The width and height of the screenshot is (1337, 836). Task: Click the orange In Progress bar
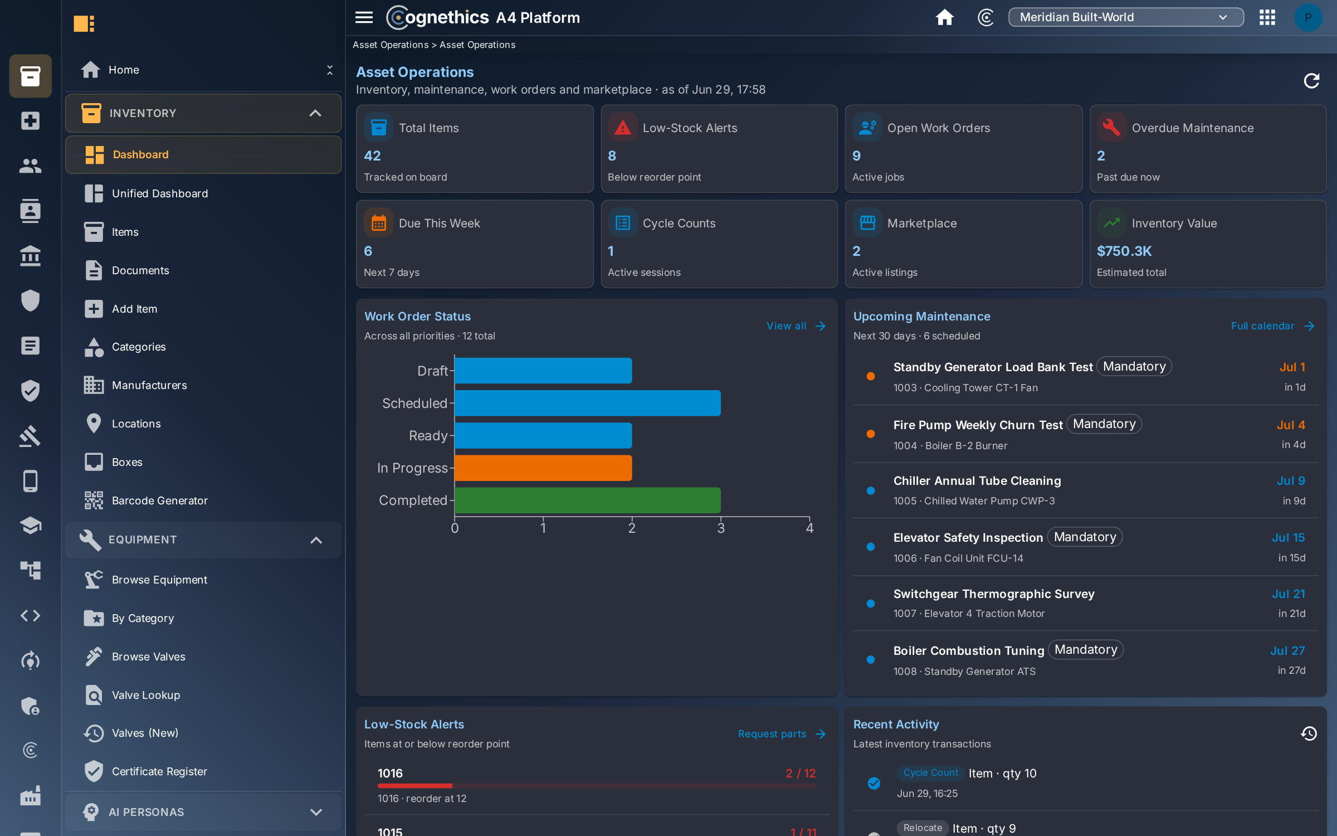[543, 468]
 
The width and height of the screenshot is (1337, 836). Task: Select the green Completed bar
[588, 500]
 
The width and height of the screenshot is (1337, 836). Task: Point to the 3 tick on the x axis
[721, 528]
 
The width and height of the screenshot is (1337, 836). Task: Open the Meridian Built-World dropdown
[1126, 17]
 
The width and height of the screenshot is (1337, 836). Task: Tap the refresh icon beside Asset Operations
[1311, 81]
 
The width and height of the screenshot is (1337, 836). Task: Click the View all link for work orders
[796, 326]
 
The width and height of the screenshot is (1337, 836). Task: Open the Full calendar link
[1272, 326]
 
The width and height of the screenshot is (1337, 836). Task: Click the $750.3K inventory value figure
[1124, 251]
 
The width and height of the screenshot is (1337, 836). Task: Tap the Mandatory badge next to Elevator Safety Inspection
[1085, 537]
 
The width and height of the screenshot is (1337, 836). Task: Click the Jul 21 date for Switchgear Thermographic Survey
[1288, 594]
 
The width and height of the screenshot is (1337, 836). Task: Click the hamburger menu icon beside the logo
[364, 17]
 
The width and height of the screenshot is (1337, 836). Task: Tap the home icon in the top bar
[944, 17]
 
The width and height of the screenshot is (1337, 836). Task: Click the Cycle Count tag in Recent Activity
[930, 772]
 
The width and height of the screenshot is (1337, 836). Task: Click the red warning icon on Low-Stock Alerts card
[622, 128]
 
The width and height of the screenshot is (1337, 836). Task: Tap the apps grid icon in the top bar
[1267, 17]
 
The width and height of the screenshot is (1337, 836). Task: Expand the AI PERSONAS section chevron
[316, 812]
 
